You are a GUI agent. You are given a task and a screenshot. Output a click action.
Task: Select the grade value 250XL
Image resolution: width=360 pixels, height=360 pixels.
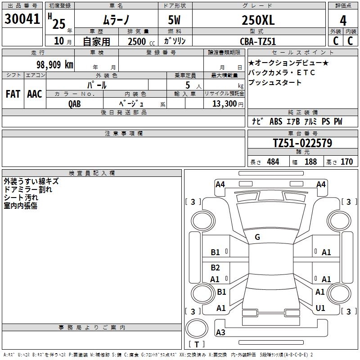click(258, 20)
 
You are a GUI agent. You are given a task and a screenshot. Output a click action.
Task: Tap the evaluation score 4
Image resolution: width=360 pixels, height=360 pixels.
click(343, 20)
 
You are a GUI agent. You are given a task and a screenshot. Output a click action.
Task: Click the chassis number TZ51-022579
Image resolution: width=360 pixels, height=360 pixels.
click(302, 143)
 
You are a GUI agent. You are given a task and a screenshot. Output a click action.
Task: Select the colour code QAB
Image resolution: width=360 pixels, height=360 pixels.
click(75, 103)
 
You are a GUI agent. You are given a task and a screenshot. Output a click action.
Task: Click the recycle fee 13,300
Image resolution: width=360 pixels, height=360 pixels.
click(223, 103)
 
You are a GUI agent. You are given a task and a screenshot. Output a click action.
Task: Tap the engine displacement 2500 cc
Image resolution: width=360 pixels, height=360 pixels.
click(137, 41)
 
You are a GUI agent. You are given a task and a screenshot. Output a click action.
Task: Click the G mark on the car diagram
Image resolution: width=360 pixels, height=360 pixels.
click(257, 237)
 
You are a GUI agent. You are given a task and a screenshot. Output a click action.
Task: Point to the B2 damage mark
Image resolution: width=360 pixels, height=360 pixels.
click(216, 267)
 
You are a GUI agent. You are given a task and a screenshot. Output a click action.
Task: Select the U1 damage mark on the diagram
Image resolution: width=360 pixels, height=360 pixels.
click(320, 308)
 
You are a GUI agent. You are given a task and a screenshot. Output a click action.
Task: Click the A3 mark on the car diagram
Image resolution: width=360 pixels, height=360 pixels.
click(220, 333)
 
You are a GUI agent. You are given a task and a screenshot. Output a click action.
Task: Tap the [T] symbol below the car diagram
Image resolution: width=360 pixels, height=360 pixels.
click(197, 344)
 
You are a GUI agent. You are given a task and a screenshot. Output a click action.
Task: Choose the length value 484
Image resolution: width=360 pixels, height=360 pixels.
click(273, 162)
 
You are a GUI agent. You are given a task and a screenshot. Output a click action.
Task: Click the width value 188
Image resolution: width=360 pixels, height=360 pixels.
click(310, 162)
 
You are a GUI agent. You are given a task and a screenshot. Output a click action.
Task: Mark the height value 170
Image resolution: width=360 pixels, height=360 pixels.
click(346, 162)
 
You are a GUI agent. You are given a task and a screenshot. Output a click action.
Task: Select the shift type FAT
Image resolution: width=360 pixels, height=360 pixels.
click(13, 94)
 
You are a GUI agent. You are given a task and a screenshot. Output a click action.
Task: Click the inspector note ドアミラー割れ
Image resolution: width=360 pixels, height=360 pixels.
click(28, 189)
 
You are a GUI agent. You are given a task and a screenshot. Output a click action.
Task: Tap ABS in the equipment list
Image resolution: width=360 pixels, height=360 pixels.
click(276, 121)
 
